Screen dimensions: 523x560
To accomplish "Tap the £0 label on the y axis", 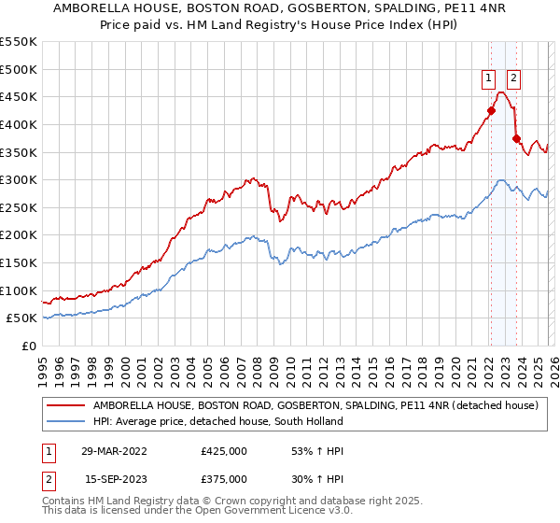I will coord(28,346).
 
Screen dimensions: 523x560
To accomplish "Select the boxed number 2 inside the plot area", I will coord(514,79).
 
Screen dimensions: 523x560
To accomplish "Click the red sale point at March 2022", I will coord(490,110).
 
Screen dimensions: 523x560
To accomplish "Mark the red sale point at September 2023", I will coord(515,138).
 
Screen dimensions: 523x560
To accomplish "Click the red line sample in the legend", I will coord(66,405).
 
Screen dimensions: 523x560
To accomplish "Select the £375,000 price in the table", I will coord(224,479).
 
